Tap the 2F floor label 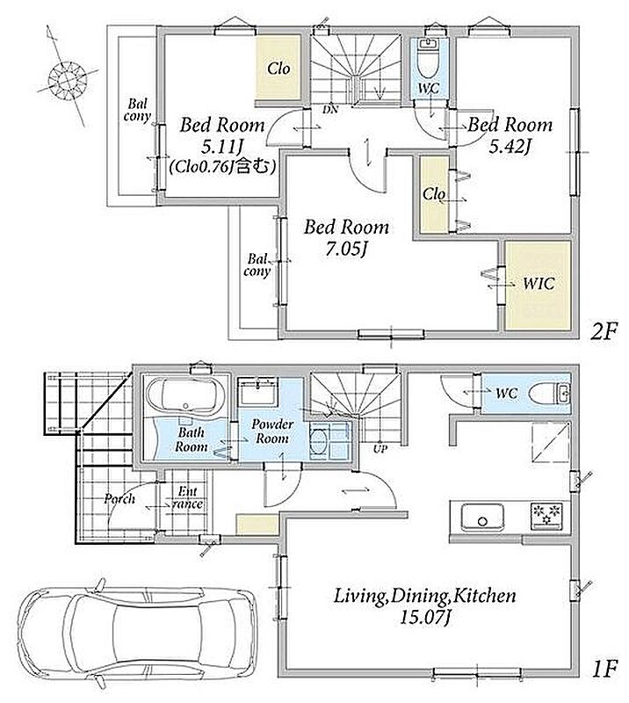pos(604,332)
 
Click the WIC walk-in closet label pos(539,284)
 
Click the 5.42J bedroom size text pos(510,146)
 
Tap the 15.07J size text pos(424,619)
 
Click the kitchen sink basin pos(482,517)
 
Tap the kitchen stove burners pos(547,516)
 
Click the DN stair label pos(330,109)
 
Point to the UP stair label pos(380,448)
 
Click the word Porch pos(119,499)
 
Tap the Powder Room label pos(272,431)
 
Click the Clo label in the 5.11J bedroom pos(278,69)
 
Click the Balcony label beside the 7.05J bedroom pos(257,265)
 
